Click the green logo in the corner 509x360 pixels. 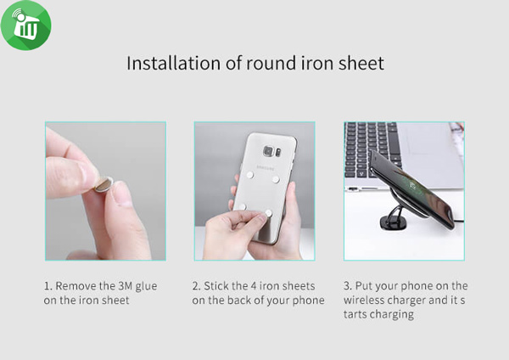coord(26,25)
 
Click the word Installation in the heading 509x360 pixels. coord(174,63)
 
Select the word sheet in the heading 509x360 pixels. coord(361,63)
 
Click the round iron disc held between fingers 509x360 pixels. coord(103,184)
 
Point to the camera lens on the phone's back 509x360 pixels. coord(268,151)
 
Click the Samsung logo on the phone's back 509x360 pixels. coord(266,168)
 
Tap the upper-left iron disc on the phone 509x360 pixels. coord(250,175)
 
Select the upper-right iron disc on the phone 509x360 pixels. coord(276,179)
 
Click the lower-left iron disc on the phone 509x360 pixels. coord(242,206)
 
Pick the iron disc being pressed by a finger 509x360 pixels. coord(268,213)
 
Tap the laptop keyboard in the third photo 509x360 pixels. coord(373,149)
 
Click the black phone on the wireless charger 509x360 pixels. coord(411,189)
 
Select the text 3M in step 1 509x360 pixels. coord(125,286)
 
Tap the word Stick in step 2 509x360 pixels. coord(215,286)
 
